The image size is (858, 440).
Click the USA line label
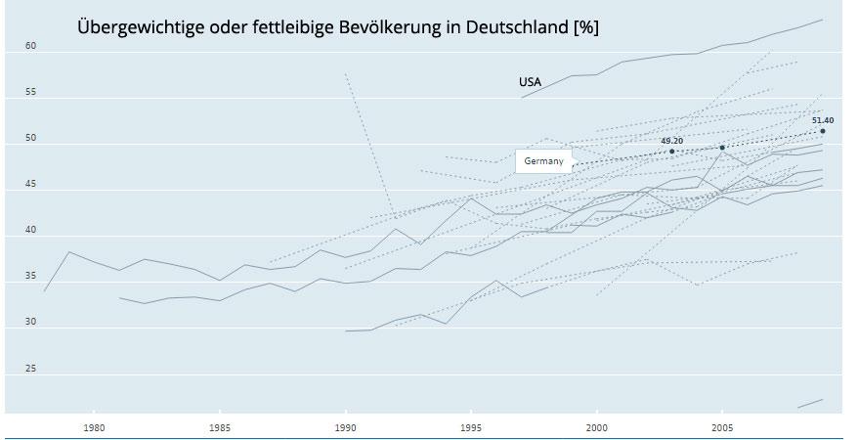pyautogui.click(x=530, y=82)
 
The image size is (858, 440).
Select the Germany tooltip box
pyautogui.click(x=543, y=160)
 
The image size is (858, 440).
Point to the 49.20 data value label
pyautogui.click(x=671, y=141)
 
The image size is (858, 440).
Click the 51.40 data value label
pyautogui.click(x=823, y=119)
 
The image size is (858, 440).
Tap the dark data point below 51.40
pyautogui.click(x=823, y=131)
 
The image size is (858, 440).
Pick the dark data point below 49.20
pyautogui.click(x=672, y=152)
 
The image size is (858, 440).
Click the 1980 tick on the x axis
pyautogui.click(x=94, y=427)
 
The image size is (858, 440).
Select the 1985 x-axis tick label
pyautogui.click(x=220, y=427)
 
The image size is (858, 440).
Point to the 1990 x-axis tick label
pyautogui.click(x=346, y=427)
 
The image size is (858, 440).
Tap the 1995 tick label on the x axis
pyautogui.click(x=472, y=427)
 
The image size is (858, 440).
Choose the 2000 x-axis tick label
pyautogui.click(x=598, y=427)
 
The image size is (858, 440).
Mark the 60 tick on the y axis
pyautogui.click(x=30, y=46)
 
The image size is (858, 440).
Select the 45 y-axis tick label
pyautogui.click(x=30, y=184)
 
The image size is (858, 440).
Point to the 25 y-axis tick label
pyautogui.click(x=30, y=369)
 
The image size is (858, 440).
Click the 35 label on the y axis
pyautogui.click(x=30, y=277)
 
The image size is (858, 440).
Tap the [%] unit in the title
pyautogui.click(x=584, y=28)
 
